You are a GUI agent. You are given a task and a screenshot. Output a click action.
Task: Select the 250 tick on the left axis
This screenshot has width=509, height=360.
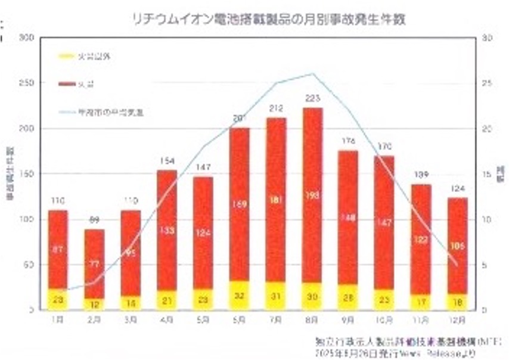click(26, 83)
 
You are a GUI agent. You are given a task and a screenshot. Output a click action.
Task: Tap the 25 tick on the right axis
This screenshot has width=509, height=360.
click(487, 83)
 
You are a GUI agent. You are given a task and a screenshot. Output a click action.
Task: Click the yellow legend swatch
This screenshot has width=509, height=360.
click(65, 56)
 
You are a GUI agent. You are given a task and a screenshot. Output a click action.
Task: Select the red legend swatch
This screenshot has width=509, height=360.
click(65, 85)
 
